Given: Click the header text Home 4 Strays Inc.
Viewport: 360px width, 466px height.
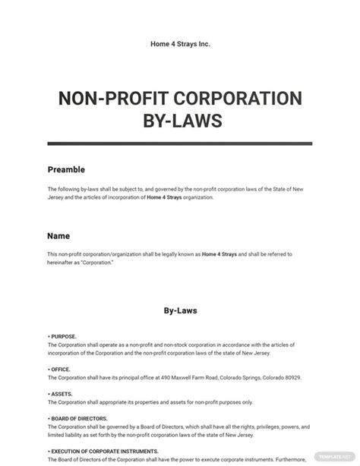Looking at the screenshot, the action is [179, 44].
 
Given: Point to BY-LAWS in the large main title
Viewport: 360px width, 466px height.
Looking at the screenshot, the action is [179, 121].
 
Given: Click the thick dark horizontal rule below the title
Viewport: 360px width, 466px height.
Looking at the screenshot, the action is [179, 143].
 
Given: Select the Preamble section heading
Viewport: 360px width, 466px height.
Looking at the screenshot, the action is [66, 170].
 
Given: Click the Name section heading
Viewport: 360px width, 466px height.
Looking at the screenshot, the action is [58, 235].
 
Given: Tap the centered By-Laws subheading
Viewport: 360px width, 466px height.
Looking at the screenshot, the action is [179, 310].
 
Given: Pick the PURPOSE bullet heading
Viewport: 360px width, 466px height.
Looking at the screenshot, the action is [63, 335].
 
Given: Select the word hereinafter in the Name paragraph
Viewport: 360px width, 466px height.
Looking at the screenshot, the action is [63, 262].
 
